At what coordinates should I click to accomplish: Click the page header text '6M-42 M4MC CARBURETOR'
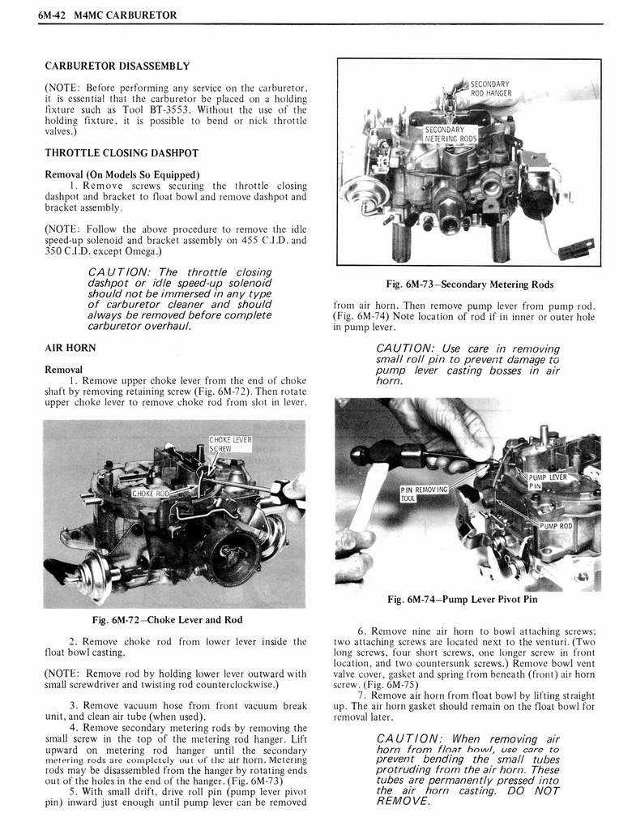click(x=107, y=15)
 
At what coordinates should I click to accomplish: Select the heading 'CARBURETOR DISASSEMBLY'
click(x=117, y=66)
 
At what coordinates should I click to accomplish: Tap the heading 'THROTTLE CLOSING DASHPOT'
click(x=121, y=152)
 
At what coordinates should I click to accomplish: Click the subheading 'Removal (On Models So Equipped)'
click(x=122, y=174)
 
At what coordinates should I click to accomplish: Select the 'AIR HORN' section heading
click(x=70, y=348)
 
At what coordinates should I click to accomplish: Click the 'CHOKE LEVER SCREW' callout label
click(x=230, y=444)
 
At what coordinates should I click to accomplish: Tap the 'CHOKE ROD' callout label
click(x=151, y=493)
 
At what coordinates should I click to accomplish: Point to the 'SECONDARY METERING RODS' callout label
click(x=451, y=134)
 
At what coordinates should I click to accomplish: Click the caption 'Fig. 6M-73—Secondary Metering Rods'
click(x=469, y=285)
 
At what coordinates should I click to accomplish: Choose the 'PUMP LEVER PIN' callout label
click(x=548, y=481)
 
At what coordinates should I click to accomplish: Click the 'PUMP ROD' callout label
click(x=556, y=526)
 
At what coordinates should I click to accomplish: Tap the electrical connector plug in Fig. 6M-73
click(x=577, y=247)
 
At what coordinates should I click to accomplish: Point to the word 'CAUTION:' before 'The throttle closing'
click(x=120, y=272)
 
